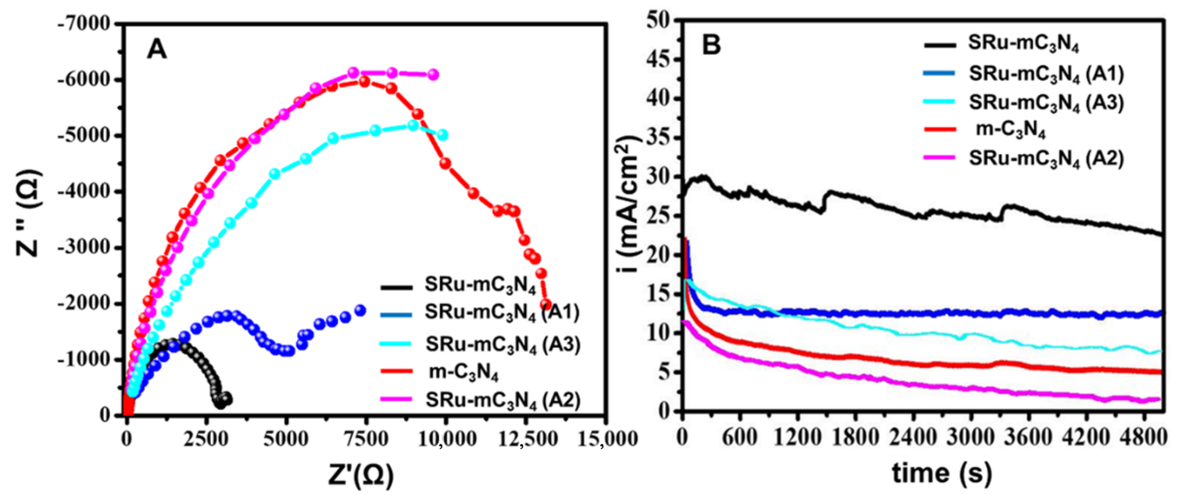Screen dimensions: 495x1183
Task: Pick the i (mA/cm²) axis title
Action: [x=629, y=207]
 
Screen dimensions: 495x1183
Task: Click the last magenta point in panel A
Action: [x=433, y=74]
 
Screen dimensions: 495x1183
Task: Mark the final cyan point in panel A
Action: [x=443, y=135]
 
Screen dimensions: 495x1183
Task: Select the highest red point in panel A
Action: [x=364, y=82]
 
